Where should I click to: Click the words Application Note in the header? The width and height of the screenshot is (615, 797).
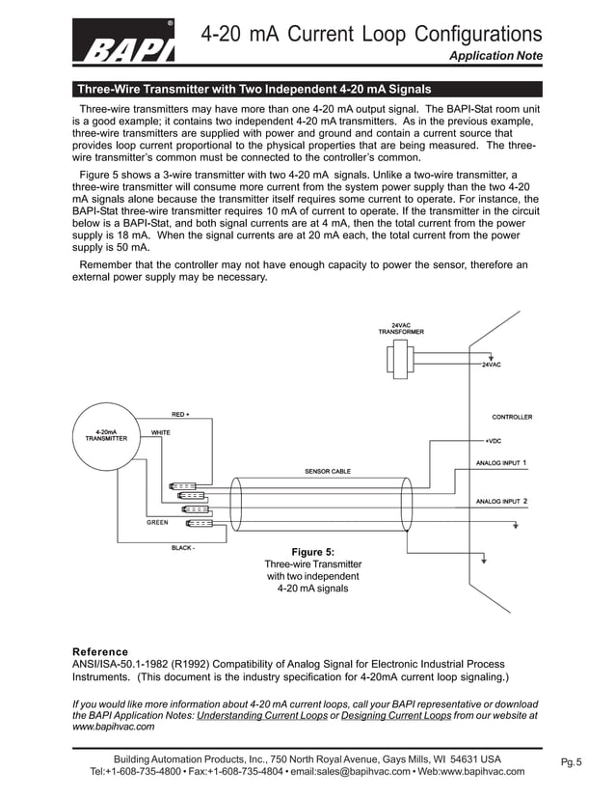(495, 56)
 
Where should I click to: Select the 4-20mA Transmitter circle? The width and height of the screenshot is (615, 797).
(106, 435)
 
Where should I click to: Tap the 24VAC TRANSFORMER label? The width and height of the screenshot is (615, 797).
(400, 328)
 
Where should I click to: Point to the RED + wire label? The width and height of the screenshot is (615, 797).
(180, 414)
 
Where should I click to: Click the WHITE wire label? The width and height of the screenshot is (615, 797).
(160, 432)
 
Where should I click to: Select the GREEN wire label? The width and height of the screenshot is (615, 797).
(157, 522)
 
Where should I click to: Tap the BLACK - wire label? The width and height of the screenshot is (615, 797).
(182, 547)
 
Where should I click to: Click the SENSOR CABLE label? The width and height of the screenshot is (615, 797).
(328, 471)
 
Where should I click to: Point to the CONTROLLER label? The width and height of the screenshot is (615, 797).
(512, 417)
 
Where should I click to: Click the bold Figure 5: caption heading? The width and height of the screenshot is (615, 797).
(312, 552)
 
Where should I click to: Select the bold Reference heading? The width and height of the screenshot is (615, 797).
(100, 651)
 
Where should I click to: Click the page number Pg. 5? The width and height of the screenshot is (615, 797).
(572, 763)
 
